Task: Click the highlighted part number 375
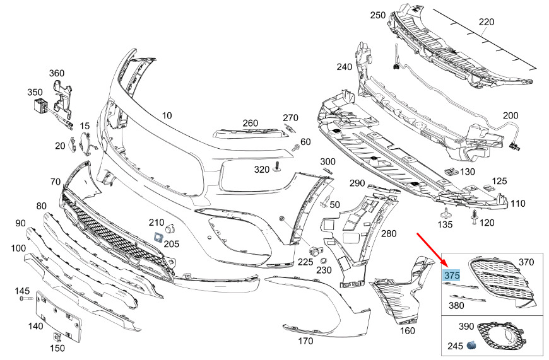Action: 451,276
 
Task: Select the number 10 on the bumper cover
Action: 167,115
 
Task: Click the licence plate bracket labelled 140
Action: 59,316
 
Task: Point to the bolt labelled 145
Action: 27,299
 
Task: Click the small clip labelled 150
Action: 57,337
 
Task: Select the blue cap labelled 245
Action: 471,345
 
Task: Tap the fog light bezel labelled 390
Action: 500,335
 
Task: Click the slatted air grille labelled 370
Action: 500,282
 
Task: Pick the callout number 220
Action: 487,22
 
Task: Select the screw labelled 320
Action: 278,167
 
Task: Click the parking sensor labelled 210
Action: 170,228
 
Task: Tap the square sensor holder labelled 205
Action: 158,237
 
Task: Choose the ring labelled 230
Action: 324,260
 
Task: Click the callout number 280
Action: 389,233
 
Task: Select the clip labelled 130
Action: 452,171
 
